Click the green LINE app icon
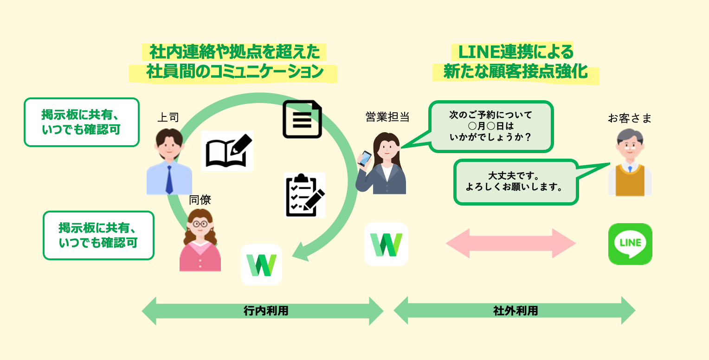630,244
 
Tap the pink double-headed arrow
510,243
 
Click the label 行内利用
266,311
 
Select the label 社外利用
516,311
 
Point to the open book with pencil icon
227,151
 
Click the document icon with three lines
302,119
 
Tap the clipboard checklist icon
304,195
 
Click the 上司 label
168,117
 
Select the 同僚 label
200,200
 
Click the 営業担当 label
387,117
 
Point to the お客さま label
630,118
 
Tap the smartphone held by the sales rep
365,158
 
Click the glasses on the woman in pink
200,224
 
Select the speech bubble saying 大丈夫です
516,182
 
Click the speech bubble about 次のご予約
490,127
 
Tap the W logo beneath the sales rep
386,244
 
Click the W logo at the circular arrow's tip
261,265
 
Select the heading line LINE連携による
516,52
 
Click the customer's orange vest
630,181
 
